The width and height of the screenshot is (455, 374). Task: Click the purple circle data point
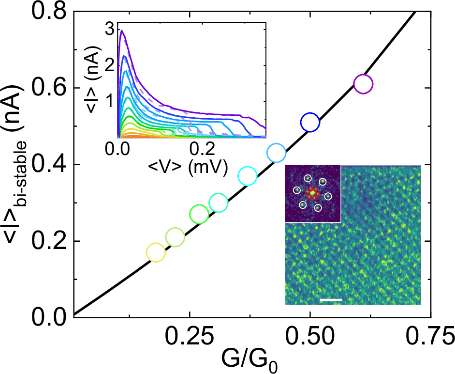coord(363,84)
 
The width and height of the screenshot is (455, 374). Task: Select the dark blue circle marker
coord(310,122)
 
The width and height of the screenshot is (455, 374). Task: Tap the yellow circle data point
coord(155,252)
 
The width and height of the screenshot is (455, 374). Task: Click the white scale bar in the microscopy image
coord(331,300)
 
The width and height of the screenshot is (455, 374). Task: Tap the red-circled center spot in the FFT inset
coord(313,193)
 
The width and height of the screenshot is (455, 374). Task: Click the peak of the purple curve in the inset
coord(122,31)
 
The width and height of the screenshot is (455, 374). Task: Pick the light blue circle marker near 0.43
coord(276,153)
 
